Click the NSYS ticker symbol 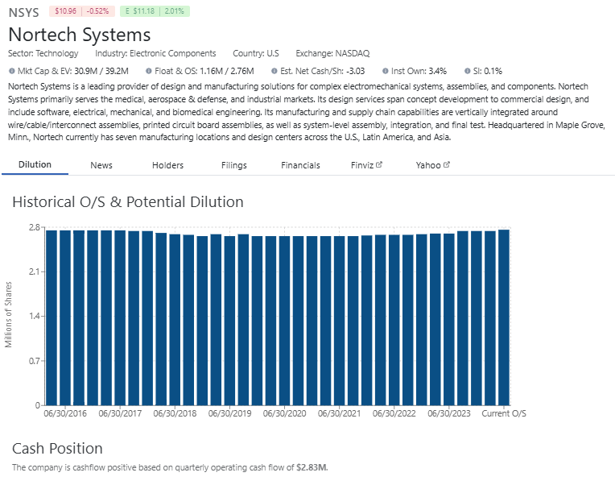23,13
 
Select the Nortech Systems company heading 80,35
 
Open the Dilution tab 35,164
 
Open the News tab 101,165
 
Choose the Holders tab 167,165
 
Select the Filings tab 233,165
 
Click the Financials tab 300,165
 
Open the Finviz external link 366,165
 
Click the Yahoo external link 432,165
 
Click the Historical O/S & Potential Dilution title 127,201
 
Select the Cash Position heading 57,448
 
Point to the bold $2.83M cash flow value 312,467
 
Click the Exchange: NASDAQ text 332,53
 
